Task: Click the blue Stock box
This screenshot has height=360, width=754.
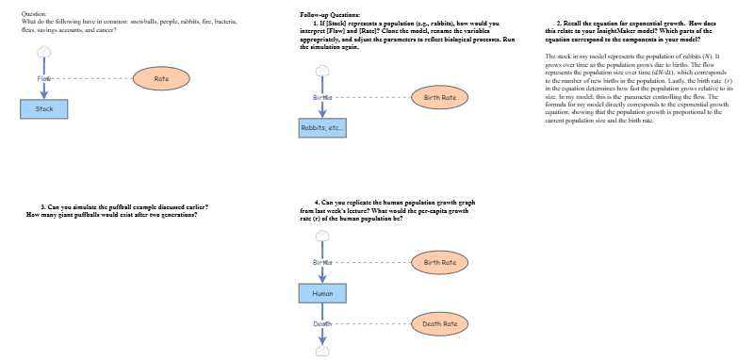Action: [x=44, y=109]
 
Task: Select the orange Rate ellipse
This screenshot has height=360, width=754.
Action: [x=161, y=79]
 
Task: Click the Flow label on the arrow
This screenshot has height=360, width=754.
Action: [x=43, y=79]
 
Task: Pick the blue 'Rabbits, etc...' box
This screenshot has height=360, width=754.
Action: [x=323, y=127]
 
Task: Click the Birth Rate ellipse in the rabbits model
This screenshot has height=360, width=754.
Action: [x=440, y=97]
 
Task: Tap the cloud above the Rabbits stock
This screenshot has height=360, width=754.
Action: [x=323, y=71]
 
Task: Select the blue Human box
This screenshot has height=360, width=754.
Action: [x=322, y=295]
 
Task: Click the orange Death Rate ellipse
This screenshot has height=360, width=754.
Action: [x=439, y=324]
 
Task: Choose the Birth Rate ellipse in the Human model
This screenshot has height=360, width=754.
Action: [x=440, y=262]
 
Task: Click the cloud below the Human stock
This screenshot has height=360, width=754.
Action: [x=322, y=350]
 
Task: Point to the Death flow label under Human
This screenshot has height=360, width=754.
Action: [x=322, y=324]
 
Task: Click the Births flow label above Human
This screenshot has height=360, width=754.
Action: [x=322, y=262]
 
